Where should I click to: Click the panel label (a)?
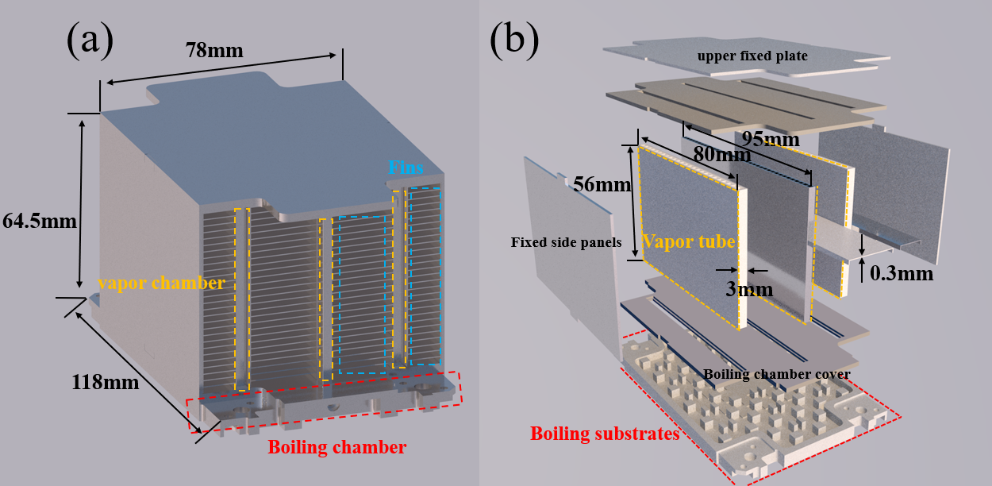pyautogui.click(x=90, y=40)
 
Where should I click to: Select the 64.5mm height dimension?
pyautogui.click(x=40, y=222)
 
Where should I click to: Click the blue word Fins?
pyautogui.click(x=406, y=168)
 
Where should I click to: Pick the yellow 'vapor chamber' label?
pyautogui.click(x=161, y=282)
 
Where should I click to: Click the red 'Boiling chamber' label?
pyautogui.click(x=336, y=447)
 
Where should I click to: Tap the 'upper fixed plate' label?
pyautogui.click(x=752, y=56)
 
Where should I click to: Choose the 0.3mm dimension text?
pyautogui.click(x=899, y=273)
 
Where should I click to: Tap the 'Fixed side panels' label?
pyautogui.click(x=565, y=242)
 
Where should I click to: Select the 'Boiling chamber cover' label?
pyautogui.click(x=777, y=374)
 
